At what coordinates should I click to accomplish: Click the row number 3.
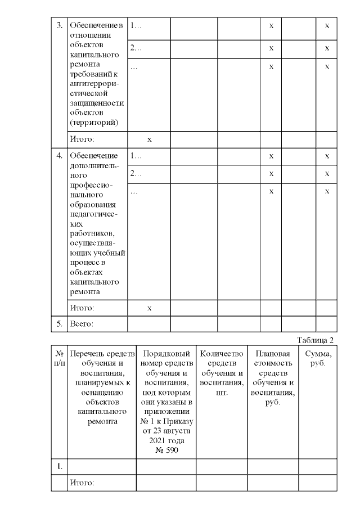[x=59, y=26]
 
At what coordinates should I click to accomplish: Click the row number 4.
[x=59, y=156]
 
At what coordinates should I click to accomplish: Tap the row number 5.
[x=59, y=324]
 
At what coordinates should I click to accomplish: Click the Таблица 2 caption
[x=317, y=340]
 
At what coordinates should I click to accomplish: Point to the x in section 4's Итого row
[x=149, y=308]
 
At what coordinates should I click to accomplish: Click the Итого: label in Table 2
[x=82, y=483]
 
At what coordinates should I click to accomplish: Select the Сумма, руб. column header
[x=318, y=358]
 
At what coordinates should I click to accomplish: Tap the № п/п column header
[x=59, y=358]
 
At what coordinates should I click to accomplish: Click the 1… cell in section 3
[x=136, y=26]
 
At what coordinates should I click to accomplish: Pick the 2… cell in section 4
[x=136, y=174]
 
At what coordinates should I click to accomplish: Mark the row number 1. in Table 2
[x=59, y=466]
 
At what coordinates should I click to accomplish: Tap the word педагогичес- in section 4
[x=93, y=214]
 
